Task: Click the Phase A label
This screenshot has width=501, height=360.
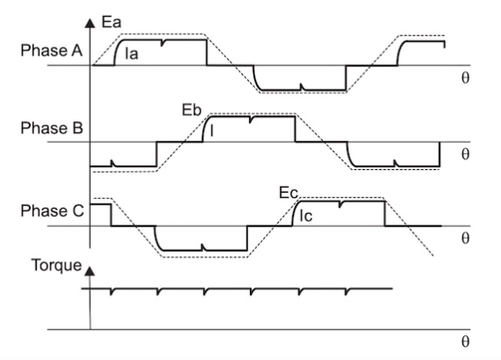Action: [x=51, y=50]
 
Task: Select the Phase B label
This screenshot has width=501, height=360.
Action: [x=52, y=129]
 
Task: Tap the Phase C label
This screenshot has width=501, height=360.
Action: [x=52, y=211]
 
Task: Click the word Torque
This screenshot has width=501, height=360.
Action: [x=56, y=266]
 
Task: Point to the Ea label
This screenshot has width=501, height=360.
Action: [x=112, y=23]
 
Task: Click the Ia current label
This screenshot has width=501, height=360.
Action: [x=132, y=54]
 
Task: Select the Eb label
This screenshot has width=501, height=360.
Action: [x=192, y=110]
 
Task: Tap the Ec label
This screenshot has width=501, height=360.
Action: [x=289, y=193]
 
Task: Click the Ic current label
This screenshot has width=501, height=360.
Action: [x=306, y=217]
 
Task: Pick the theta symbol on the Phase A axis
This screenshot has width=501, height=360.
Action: [x=466, y=77]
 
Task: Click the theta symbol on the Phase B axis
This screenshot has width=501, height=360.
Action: [x=466, y=154]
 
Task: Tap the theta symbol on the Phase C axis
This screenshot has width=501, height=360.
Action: [x=466, y=239]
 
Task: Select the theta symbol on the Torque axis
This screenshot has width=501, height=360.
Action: [x=466, y=342]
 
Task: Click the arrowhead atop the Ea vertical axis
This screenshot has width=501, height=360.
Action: [x=90, y=23]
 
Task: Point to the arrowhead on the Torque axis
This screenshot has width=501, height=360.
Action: [x=90, y=271]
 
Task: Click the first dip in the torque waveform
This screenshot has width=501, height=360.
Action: [x=111, y=291]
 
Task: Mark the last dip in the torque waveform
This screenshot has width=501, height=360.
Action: [x=347, y=291]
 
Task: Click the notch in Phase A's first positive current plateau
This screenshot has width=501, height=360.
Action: [x=162, y=43]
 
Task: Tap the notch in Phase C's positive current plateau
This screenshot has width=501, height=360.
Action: [x=341, y=204]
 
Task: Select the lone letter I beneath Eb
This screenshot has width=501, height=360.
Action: [x=212, y=130]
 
